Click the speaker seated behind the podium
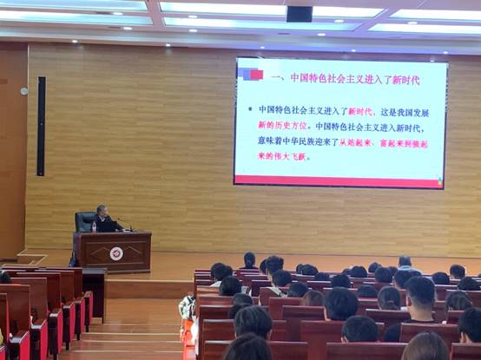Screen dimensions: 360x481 point(103,219)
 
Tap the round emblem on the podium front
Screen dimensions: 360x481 point(116,253)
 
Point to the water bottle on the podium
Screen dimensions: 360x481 point(93,226)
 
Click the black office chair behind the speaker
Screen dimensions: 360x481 point(85,220)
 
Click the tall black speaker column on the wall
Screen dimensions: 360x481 point(41,126)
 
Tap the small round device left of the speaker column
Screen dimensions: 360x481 point(24,90)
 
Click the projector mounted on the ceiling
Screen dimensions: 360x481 point(299,14)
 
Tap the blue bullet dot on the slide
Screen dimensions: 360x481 point(249,110)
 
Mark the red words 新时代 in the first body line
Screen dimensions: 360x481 point(359,110)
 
